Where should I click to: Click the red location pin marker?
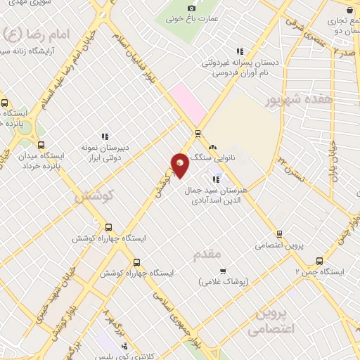tap(180, 165)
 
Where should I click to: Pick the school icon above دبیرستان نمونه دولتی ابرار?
tap(105, 136)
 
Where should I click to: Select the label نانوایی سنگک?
tap(214, 161)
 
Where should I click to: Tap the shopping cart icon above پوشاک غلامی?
tap(223, 271)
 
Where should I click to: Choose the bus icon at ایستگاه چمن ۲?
tap(320, 259)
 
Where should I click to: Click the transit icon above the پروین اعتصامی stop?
tap(279, 234)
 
